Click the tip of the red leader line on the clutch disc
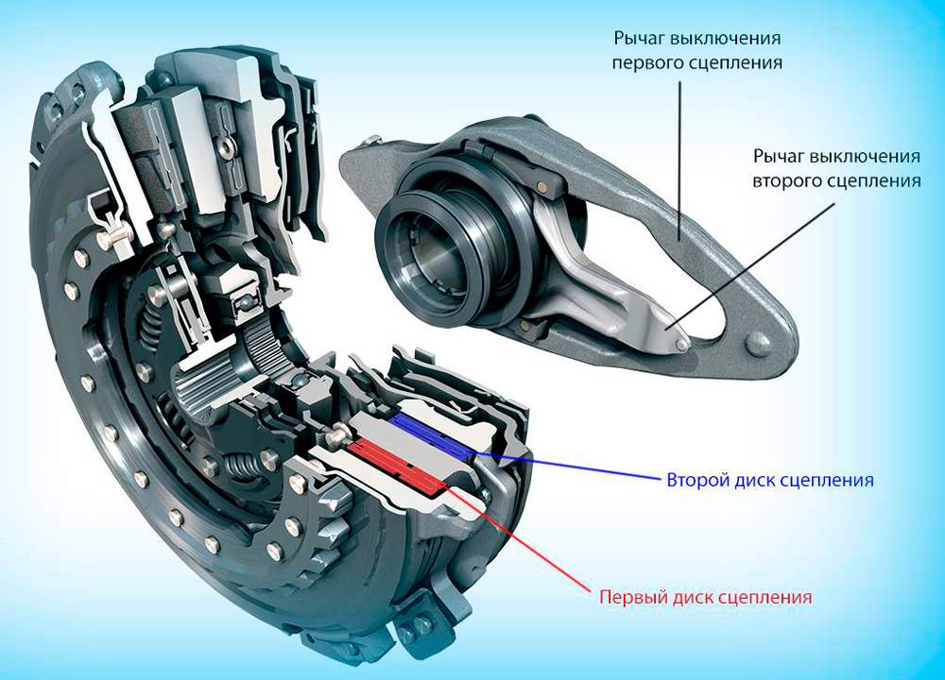tap(443, 483)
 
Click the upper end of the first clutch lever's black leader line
tap(681, 82)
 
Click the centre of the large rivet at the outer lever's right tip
tap(756, 344)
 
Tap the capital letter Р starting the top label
tap(619, 39)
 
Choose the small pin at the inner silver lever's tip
tap(681, 344)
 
